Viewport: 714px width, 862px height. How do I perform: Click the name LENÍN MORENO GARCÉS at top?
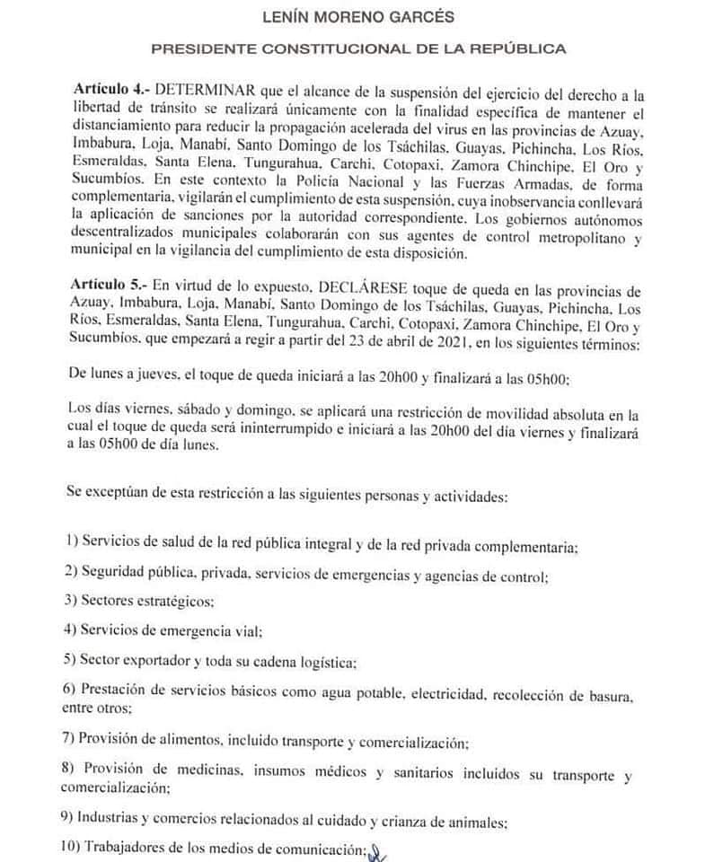point(357,15)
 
